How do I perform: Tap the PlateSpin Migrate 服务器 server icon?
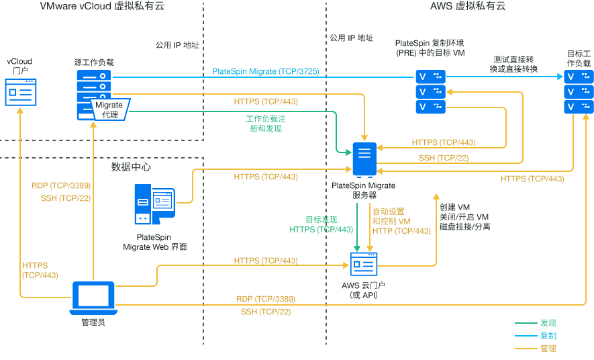tap(364, 161)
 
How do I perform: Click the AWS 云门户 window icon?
tap(364, 266)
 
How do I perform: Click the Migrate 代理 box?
tap(109, 109)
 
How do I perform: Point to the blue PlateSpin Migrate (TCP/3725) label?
tap(265, 71)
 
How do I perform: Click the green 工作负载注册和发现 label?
tap(266, 124)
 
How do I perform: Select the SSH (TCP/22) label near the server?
tap(444, 158)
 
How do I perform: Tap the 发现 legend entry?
tap(548, 323)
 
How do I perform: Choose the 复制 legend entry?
tap(548, 335)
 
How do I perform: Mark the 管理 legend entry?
tap(548, 348)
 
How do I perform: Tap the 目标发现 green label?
tap(321, 220)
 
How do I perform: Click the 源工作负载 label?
tap(94, 62)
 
